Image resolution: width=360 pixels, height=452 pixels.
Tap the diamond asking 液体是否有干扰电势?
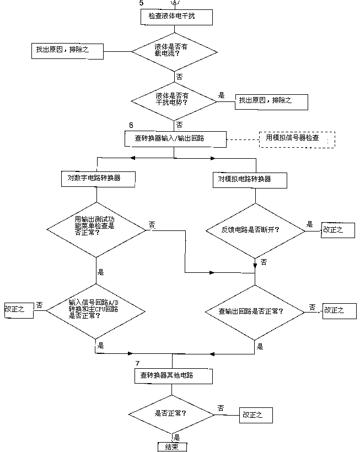point(174,99)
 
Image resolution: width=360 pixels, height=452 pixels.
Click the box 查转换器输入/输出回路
point(175,139)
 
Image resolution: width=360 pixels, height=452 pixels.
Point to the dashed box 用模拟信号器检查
point(296,139)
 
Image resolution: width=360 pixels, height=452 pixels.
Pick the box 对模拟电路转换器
point(250,179)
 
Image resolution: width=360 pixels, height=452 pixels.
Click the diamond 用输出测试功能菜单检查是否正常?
point(95,225)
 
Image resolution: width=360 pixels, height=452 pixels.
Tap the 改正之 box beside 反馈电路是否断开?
point(332,230)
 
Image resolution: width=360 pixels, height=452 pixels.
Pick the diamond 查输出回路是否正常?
point(254,311)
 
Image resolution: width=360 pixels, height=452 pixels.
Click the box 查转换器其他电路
point(172,375)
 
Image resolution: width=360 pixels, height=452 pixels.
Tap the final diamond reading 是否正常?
point(171,413)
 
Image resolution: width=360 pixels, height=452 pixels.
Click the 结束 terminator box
point(171,446)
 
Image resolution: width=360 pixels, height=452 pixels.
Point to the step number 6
point(131,126)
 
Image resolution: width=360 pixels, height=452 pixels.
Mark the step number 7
point(137,363)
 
